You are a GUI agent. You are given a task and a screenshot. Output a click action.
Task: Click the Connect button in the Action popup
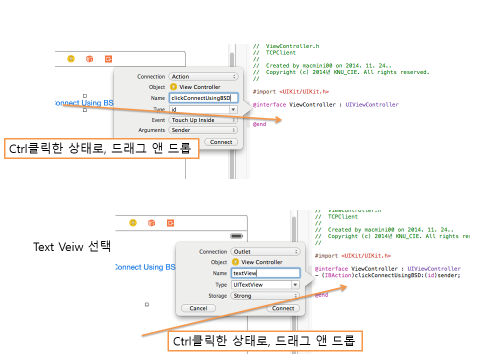(221, 142)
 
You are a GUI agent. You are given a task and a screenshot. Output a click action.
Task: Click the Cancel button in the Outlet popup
(198, 308)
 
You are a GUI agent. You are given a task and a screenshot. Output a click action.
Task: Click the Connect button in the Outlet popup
(283, 308)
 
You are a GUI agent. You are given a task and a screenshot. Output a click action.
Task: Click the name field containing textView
(265, 273)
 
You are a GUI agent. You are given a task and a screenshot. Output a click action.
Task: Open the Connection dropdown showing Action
(203, 76)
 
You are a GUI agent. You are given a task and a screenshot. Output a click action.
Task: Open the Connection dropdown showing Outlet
(265, 251)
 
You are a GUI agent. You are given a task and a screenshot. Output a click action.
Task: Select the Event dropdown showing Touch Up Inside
(203, 120)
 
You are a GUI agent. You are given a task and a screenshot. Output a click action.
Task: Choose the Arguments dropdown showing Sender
(203, 130)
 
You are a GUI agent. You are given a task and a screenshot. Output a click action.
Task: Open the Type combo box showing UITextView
(265, 284)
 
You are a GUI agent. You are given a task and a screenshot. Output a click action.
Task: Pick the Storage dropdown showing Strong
(265, 295)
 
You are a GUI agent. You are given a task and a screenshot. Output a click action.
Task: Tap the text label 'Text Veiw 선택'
(71, 246)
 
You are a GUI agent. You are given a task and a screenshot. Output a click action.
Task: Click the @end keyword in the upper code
(259, 124)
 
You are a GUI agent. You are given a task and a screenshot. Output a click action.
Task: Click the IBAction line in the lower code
(387, 275)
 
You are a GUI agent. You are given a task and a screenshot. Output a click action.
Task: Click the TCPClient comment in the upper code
(281, 52)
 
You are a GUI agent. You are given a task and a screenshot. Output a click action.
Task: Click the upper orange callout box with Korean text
(101, 148)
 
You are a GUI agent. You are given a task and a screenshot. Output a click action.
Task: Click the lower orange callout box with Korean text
(264, 341)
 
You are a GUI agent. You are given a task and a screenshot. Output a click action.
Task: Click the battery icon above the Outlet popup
(236, 235)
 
